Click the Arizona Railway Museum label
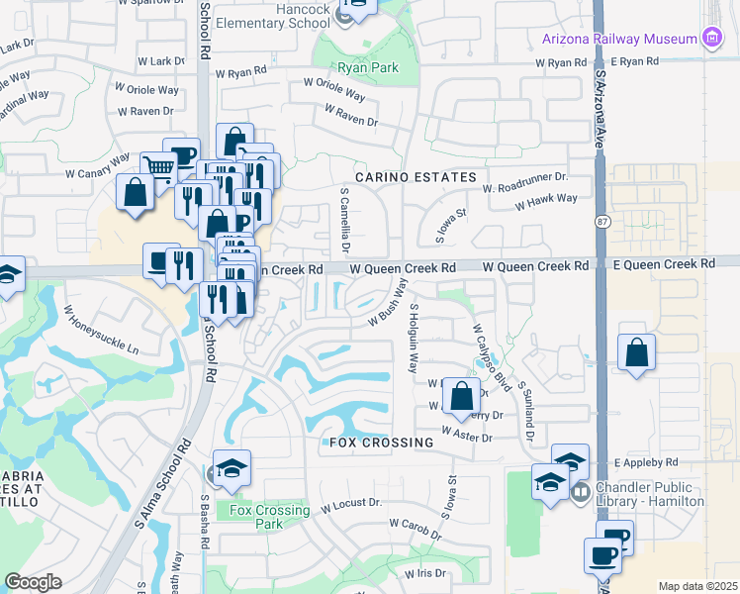[618, 40]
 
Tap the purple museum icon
[709, 39]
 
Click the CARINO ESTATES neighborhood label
[416, 177]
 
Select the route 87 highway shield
[602, 223]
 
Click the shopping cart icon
[157, 166]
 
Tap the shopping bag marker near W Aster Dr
[461, 397]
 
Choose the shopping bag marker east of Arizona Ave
[637, 353]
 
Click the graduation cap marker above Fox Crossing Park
[231, 469]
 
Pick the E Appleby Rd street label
[646, 462]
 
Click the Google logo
[33, 582]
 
